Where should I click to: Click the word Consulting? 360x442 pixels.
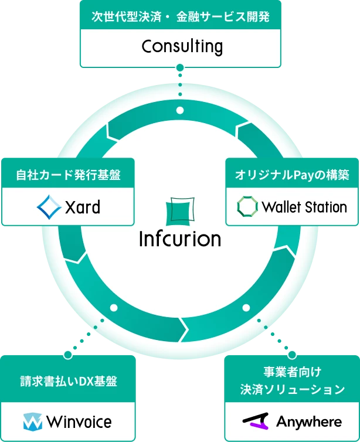tap(182, 46)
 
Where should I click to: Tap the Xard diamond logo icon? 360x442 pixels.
tap(49, 206)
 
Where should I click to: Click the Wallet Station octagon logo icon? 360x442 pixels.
tap(247, 206)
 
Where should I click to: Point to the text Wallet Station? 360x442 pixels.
tap(304, 206)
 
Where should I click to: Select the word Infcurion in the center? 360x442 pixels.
tap(180, 239)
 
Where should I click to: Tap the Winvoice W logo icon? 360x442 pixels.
tap(32, 422)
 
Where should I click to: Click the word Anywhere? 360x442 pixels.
tap(308, 422)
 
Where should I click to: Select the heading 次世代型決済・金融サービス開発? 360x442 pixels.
tap(181, 16)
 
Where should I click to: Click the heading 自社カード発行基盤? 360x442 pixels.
tap(67, 175)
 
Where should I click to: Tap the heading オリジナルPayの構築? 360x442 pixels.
tap(292, 175)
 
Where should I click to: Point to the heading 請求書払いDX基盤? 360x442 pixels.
tap(68, 382)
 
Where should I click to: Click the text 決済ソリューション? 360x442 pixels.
tap(292, 389)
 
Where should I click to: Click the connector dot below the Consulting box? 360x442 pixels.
tap(180, 67)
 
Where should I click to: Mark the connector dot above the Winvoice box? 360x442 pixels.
tap(67, 355)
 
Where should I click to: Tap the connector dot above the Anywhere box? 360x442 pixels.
tap(291, 355)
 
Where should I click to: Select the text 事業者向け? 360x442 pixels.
tap(292, 372)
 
